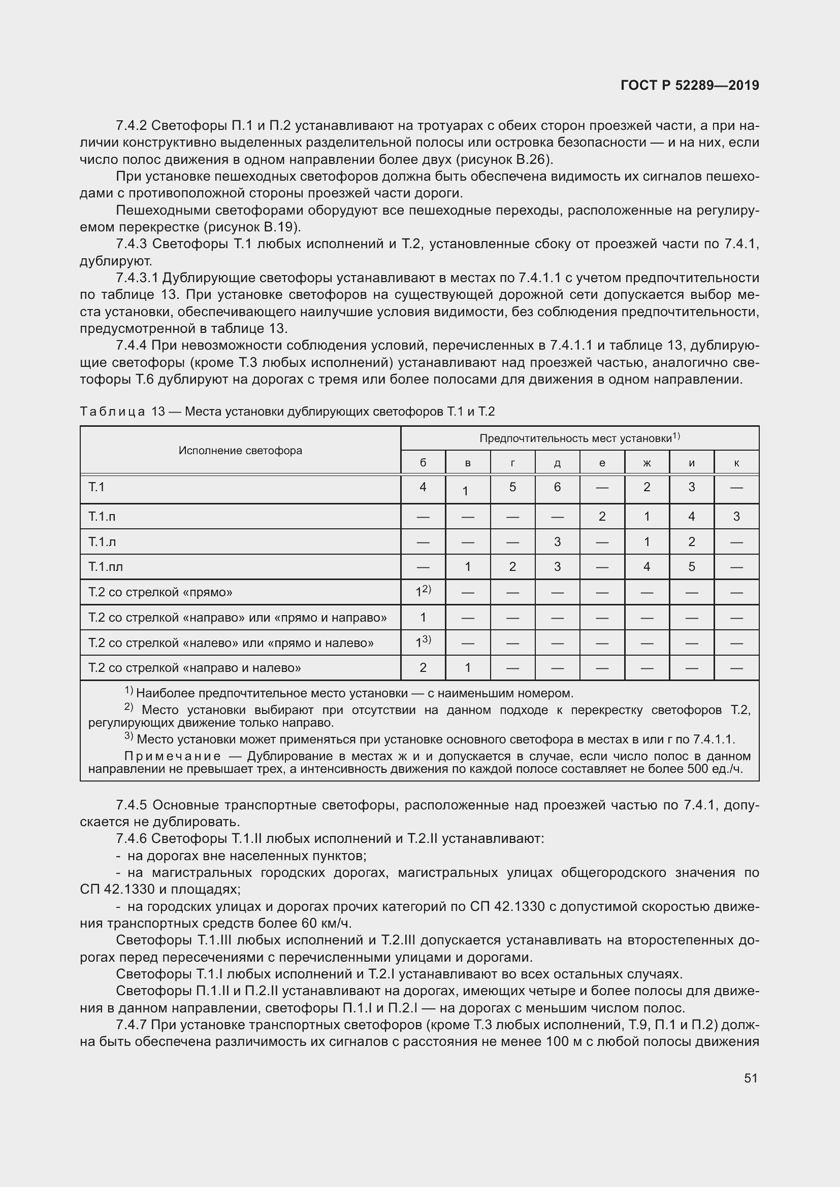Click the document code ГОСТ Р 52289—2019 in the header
coord(690,85)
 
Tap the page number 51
coord(751,1077)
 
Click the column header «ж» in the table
coord(647,463)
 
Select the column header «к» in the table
coord(736,463)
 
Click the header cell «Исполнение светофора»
coord(240,450)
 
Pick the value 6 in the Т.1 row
coord(557,487)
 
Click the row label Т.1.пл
coord(106,567)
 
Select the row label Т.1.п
coord(102,517)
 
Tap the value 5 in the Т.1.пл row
coord(692,567)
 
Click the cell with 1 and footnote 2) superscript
coord(423,592)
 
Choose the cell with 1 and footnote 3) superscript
coord(423,642)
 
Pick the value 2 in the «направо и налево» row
coord(423,668)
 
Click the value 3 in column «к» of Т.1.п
coord(736,517)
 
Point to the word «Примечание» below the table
coord(173,757)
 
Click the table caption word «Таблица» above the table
coord(112,412)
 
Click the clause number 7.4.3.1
coord(137,278)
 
